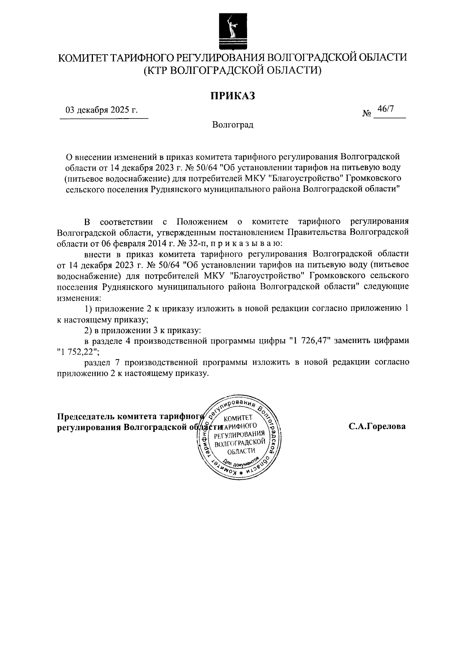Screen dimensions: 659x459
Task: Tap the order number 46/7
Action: pos(385,109)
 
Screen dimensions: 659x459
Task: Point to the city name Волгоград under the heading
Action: pos(233,125)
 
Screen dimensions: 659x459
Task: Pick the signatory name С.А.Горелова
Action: pos(377,427)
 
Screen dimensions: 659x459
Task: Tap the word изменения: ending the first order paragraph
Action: pos(79,297)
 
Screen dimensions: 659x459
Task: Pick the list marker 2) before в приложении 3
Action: pos(88,330)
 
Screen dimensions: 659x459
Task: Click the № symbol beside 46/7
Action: pos(366,114)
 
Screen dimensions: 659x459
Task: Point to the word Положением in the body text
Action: pos(202,222)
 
